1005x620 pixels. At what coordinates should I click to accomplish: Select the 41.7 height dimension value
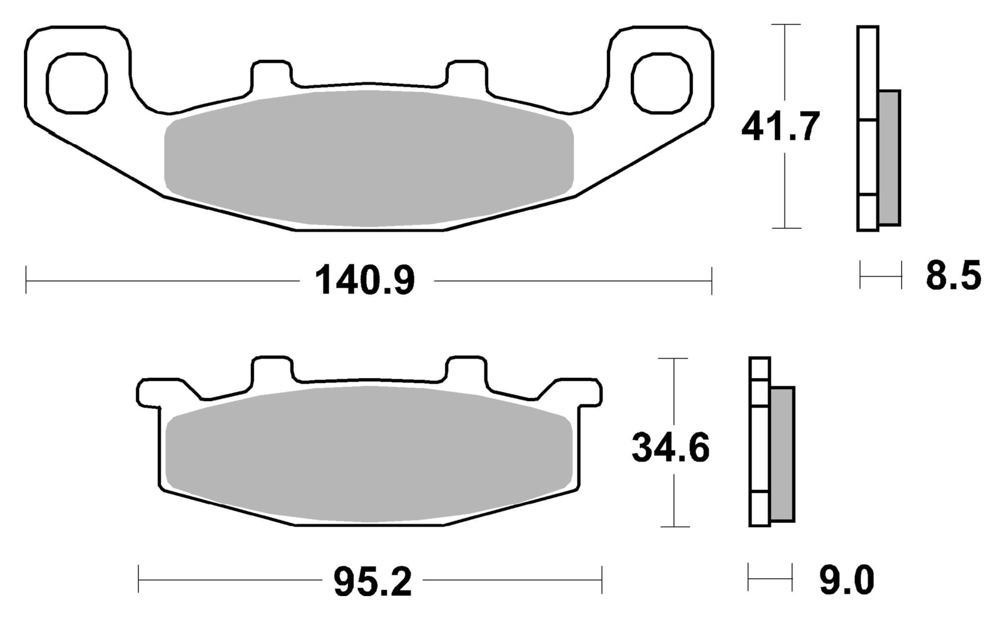pyautogui.click(x=781, y=127)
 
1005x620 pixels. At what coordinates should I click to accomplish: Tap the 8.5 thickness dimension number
pyautogui.click(x=953, y=275)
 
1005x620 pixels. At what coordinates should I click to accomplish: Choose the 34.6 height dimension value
pyautogui.click(x=671, y=447)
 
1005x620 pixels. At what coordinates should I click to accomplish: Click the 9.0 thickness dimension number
pyautogui.click(x=846, y=580)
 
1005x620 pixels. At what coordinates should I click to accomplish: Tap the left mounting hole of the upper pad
pyautogui.click(x=76, y=83)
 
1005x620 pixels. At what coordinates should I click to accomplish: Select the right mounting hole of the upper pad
pyautogui.click(x=662, y=83)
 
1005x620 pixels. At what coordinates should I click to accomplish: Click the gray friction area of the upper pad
pyautogui.click(x=369, y=159)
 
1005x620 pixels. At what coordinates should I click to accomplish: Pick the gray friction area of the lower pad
pyautogui.click(x=369, y=455)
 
